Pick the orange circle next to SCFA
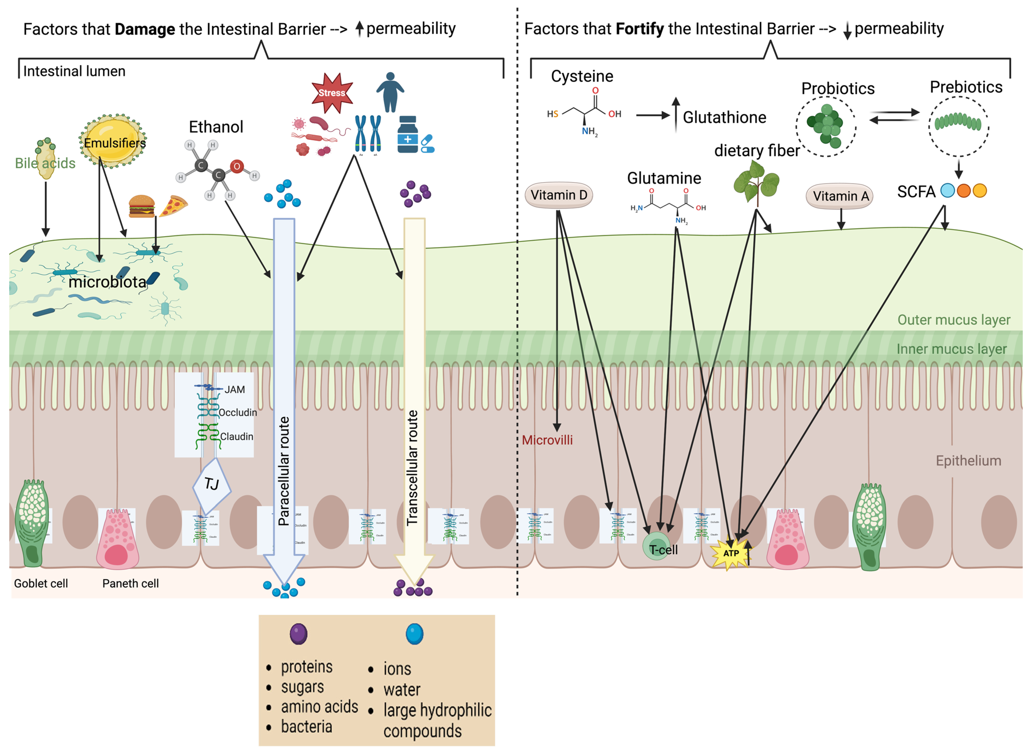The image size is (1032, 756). (x=963, y=191)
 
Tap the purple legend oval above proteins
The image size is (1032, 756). (x=299, y=634)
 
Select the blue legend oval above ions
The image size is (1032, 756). (x=414, y=634)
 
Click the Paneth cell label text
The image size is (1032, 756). (x=130, y=584)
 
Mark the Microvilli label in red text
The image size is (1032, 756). (x=547, y=440)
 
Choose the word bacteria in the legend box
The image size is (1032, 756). (x=306, y=727)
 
